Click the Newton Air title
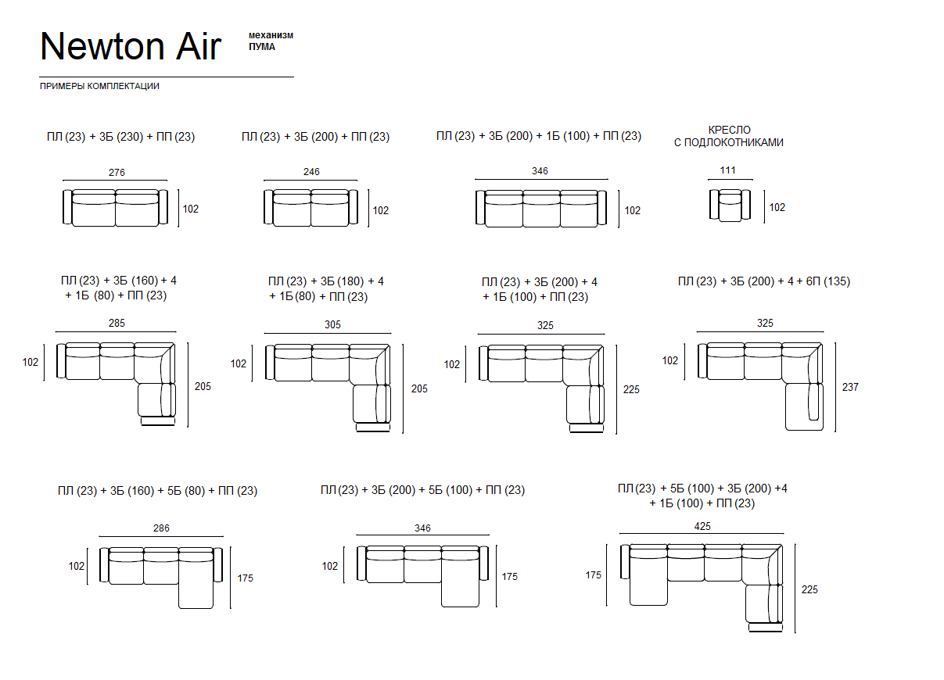click(131, 46)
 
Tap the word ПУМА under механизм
click(262, 47)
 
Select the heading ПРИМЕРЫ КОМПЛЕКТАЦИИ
click(99, 86)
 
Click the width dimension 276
click(117, 172)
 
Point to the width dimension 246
click(311, 172)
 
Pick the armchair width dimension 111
click(728, 170)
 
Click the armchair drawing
click(730, 206)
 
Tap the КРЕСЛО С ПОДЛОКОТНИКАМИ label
click(729, 136)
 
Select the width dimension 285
click(117, 323)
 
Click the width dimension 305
click(332, 324)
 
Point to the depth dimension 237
click(850, 387)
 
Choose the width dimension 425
click(702, 526)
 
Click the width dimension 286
click(161, 528)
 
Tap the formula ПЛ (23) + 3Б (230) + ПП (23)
click(121, 137)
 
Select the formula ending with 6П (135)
click(764, 281)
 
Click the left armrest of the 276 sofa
click(67, 207)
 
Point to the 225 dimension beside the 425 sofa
click(809, 589)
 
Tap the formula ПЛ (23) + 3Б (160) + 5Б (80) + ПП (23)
click(158, 491)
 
